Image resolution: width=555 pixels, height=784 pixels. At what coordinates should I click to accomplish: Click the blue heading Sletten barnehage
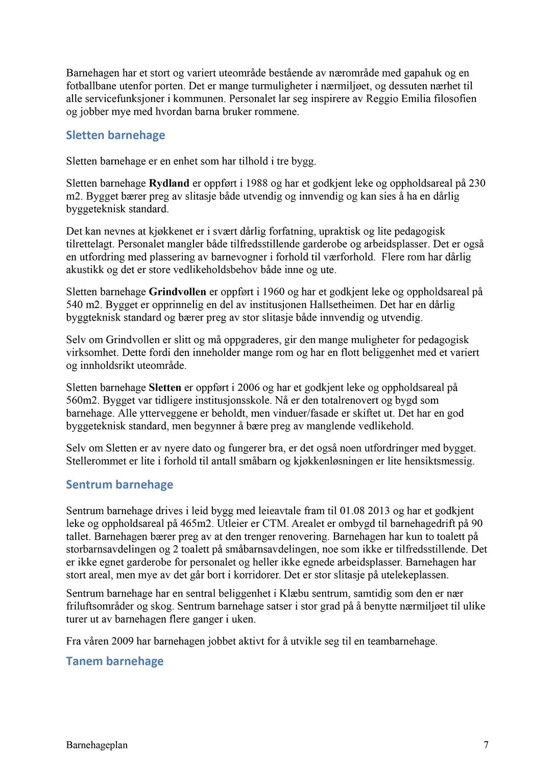coord(115,135)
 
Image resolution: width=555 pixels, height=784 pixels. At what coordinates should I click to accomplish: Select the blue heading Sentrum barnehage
coord(119,485)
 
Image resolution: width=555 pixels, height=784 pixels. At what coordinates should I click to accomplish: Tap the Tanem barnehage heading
coord(115,661)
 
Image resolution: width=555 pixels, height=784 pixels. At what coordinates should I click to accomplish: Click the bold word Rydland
coord(169,183)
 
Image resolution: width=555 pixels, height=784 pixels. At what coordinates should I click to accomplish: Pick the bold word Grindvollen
coord(177,292)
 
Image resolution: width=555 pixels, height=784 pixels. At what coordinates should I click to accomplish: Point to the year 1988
coord(257,183)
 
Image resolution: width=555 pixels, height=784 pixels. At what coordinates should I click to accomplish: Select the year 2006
coord(249,387)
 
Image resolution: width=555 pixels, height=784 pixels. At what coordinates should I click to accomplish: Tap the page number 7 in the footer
coord(486,745)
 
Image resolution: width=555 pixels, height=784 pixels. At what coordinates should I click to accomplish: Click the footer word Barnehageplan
coord(97,745)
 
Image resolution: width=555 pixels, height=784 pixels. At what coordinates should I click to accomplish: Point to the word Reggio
coord(381,98)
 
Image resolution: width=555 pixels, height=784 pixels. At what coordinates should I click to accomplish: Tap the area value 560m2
coord(83,400)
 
